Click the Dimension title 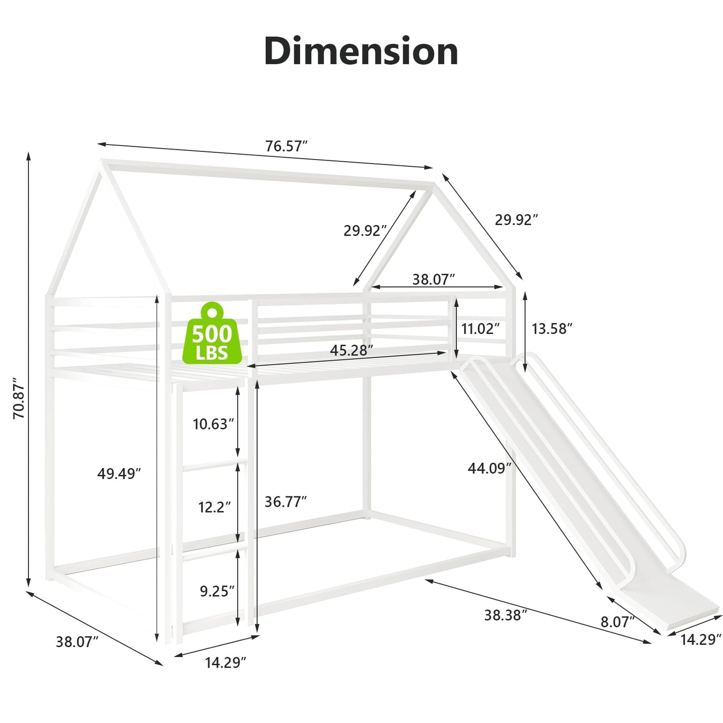361,51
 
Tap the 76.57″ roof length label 286,146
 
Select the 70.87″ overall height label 19,398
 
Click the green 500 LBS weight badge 212,335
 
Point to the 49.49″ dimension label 119,474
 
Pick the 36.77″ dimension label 286,502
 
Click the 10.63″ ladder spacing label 214,424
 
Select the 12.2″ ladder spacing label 214,507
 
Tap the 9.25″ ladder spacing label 217,591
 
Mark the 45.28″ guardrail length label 351,350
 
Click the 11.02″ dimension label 481,329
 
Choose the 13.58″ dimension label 552,329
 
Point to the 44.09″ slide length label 489,468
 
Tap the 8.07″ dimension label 617,622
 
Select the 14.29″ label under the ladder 226,663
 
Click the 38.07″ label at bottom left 77,642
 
